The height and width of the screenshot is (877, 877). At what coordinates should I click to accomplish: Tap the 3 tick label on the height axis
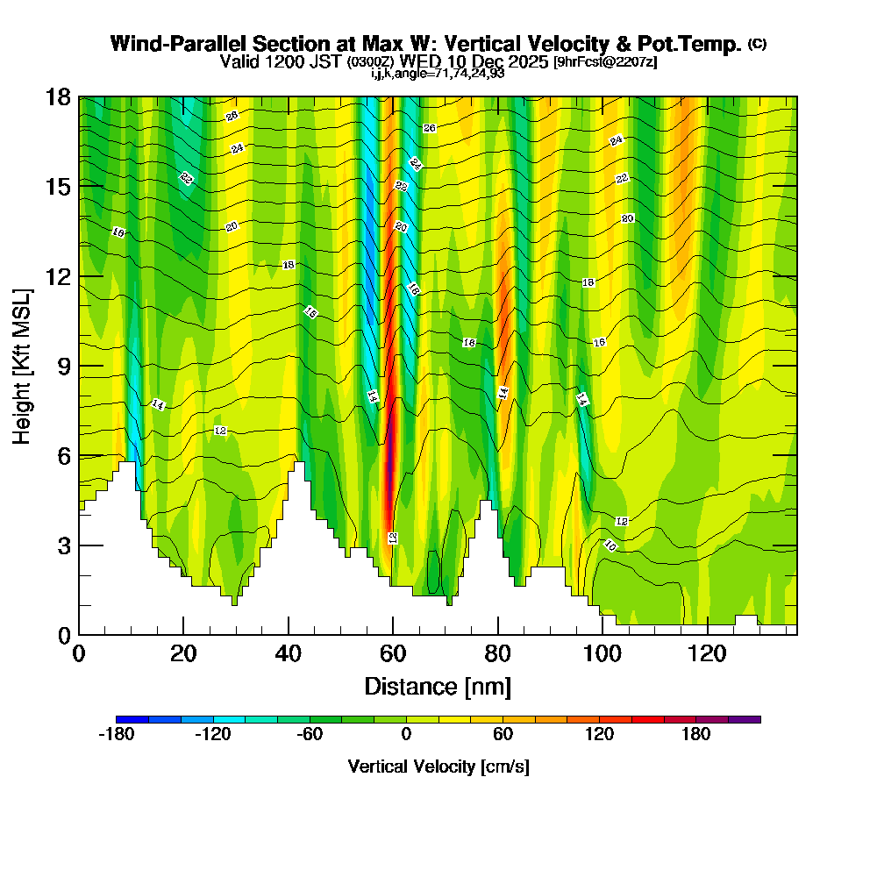pos(64,545)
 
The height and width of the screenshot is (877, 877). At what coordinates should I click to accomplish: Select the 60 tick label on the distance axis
pos(393,654)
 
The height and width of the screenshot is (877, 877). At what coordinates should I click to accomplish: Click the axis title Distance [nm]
pos(438,686)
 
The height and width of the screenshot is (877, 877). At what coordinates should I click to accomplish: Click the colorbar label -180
pos(116,735)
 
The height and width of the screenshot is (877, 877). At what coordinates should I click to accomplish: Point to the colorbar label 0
pos(406,735)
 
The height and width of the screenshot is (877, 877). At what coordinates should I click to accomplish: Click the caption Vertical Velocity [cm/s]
pos(438,766)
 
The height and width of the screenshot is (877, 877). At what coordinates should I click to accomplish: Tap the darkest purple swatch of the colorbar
pos(745,719)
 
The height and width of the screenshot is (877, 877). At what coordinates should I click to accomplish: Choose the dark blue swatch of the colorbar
pos(132,719)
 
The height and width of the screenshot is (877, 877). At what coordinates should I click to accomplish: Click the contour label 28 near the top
pos(232,116)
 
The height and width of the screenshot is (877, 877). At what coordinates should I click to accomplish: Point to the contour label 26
pos(429,128)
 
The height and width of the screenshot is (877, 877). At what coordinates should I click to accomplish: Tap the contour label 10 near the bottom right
pos(610,545)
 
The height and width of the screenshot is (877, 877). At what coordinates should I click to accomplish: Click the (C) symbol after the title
pos(757,44)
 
